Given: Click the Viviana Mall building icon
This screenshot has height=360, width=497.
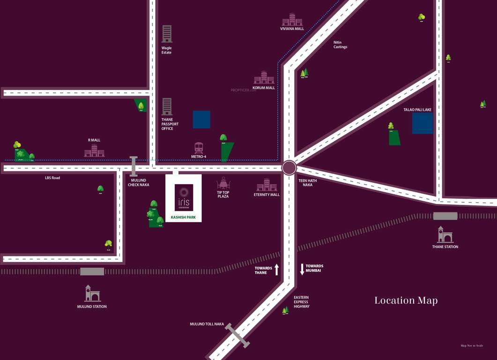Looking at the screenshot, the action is tap(292, 19).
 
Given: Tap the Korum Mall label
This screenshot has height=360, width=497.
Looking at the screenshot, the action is tap(264, 88).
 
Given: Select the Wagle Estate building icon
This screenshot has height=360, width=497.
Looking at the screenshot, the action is tap(167, 34).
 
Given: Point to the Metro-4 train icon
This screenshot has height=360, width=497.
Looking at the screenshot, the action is tap(199, 148).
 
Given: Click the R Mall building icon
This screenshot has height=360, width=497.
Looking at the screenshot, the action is tap(94, 150).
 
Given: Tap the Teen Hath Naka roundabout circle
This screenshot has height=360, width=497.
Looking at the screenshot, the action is tap(289, 168).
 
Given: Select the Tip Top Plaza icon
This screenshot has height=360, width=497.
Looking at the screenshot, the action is tap(223, 183).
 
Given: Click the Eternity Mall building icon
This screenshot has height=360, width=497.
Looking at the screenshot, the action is tap(267, 185).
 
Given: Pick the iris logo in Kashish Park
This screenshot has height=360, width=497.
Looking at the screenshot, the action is tap(184, 197).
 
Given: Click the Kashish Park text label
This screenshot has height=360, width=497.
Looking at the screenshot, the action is tap(184, 217).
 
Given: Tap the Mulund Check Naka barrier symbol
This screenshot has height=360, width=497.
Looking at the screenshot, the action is tap(134, 166).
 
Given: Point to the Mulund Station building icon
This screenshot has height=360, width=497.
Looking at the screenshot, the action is tap(92, 293).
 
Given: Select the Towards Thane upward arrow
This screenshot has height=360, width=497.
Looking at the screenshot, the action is tap(277, 270).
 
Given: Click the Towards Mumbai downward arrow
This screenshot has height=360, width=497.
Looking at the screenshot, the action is tap(302, 269).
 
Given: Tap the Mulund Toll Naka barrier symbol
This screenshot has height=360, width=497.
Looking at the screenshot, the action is tap(237, 336).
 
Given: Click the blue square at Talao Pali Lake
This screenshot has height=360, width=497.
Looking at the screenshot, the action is tap(423, 123).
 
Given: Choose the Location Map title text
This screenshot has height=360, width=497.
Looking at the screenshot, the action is tap(406, 300).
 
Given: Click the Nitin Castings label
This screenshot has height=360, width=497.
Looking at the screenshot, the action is tap(340, 45).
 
